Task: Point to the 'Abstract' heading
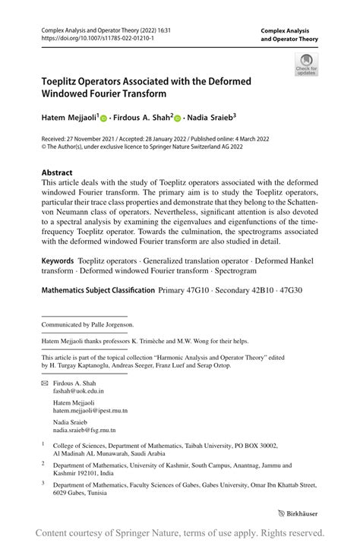(x=58, y=172)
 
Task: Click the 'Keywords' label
(x=58, y=260)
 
